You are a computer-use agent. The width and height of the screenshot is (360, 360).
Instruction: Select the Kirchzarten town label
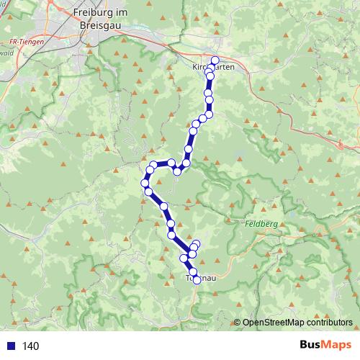pos(214,66)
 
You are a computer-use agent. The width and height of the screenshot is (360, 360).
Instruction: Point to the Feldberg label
pos(269,225)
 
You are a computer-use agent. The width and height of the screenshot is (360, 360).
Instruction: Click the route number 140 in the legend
pos(30,346)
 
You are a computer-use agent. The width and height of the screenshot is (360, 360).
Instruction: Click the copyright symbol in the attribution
pos(238,323)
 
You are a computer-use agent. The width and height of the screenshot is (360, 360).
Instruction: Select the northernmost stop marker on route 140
pos(215,60)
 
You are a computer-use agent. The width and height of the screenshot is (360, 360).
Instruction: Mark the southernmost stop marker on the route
pos(197,279)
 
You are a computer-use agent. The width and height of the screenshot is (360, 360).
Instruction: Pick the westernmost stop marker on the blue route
pos(145,183)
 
